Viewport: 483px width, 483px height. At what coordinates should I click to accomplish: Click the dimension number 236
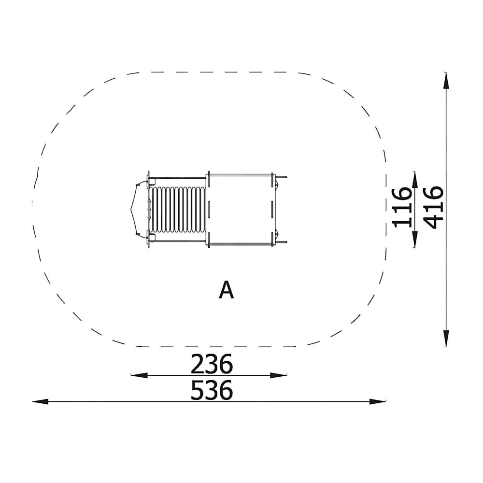coord(212,364)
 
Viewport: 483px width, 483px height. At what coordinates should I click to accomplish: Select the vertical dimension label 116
coord(402,207)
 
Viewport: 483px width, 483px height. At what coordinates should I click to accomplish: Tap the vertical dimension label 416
coord(433,207)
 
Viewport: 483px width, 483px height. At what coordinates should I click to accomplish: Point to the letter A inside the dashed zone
coord(227,289)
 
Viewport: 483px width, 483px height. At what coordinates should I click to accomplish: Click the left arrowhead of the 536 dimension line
coord(41,401)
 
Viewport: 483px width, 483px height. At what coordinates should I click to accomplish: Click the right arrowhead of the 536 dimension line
coord(378,401)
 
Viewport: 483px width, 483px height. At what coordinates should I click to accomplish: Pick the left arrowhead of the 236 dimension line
coord(139,375)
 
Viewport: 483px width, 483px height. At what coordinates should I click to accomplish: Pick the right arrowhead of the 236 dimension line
coord(279,375)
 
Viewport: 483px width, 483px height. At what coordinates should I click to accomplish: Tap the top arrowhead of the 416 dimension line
coord(446,81)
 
